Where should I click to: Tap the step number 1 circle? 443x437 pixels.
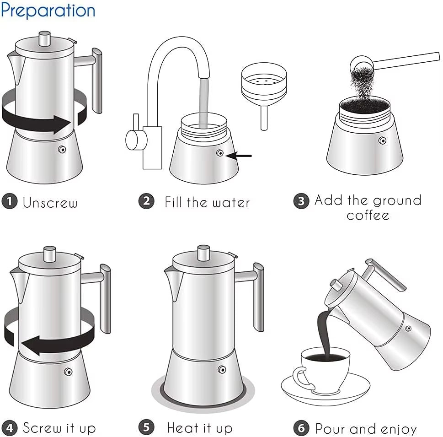pos(9,201)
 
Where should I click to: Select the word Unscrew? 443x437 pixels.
pos(50,202)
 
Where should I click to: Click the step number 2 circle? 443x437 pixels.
pos(146,201)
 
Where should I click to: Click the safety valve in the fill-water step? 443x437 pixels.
pos(220,154)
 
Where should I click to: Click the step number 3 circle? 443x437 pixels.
pos(301,201)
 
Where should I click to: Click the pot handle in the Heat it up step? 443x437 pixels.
pos(258,297)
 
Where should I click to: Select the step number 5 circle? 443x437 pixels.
pos(146,428)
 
